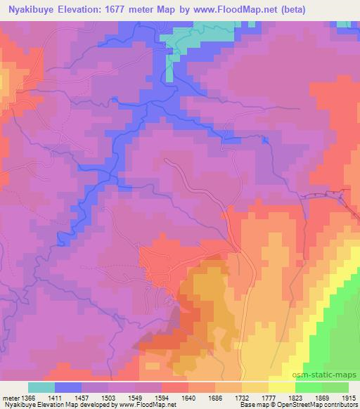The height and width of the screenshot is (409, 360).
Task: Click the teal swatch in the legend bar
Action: click(x=41, y=387)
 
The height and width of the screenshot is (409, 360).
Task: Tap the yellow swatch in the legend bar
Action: click(x=282, y=387)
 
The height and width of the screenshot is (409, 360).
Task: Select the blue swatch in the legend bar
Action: click(x=68, y=387)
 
